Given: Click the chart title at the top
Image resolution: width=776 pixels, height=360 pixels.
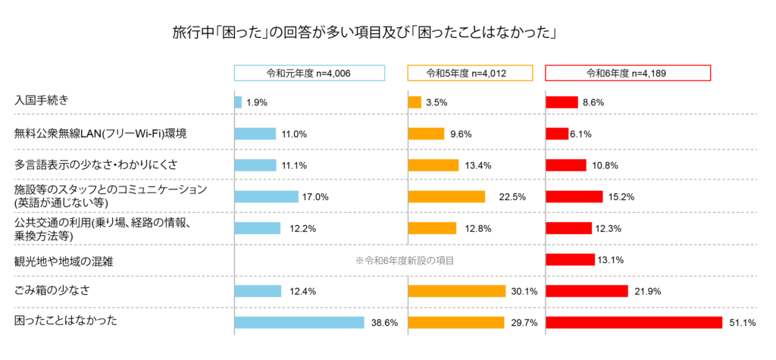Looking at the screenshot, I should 365,33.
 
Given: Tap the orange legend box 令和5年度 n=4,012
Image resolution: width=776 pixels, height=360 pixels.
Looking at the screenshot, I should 470,74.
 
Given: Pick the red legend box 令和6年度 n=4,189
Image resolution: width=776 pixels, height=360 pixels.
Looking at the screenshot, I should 627,74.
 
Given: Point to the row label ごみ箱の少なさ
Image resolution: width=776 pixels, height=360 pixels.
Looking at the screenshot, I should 51,290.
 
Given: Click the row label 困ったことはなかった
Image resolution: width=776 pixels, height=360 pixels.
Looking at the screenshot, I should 66,321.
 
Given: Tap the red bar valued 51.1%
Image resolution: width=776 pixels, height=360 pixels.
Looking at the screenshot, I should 634,323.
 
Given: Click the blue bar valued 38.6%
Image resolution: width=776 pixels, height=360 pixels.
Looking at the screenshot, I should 299,323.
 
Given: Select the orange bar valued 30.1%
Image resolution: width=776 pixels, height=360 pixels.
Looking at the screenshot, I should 456,291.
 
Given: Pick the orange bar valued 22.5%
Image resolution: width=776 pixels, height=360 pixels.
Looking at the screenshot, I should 446,196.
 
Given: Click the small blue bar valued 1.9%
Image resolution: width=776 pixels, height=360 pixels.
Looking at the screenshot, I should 238,102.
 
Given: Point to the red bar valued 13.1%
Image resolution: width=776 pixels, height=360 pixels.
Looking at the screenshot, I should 570,260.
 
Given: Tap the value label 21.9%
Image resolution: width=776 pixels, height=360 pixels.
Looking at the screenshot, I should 648,291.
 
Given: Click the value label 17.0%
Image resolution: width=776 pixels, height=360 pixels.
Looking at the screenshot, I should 316,197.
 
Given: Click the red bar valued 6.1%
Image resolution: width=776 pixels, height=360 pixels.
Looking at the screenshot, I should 557,134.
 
